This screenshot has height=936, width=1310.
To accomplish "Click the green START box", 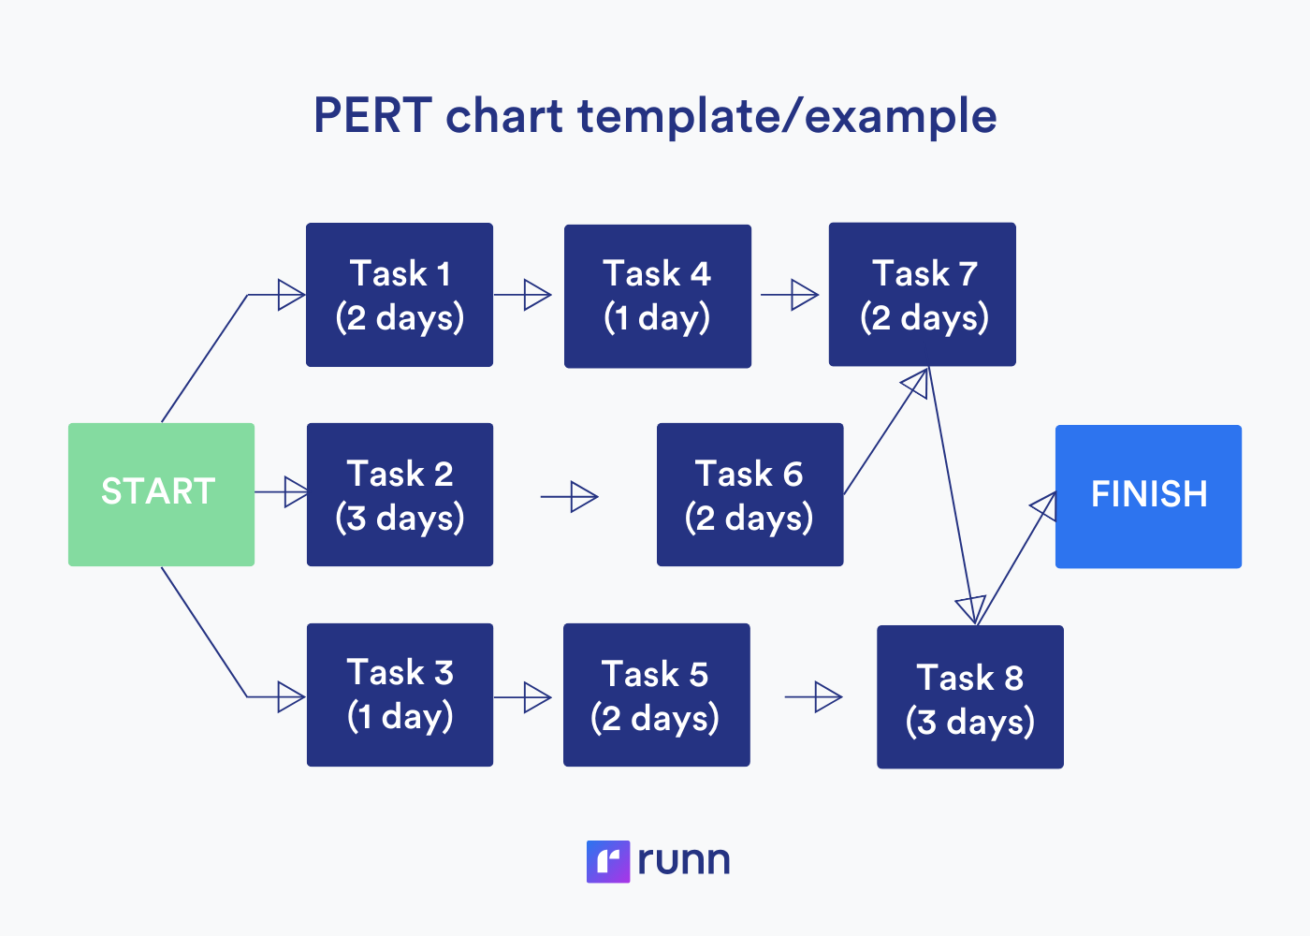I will pos(161,494).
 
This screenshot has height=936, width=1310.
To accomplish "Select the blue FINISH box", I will pos(1148,496).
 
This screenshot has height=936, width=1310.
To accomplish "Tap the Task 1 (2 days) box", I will pos(400,295).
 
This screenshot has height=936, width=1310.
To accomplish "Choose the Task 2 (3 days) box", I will pos(400,494).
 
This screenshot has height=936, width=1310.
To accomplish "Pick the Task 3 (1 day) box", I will pos(400,695).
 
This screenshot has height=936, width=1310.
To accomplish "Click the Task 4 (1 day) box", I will pos(657,296).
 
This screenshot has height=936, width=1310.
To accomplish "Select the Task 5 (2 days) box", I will pos(656,695).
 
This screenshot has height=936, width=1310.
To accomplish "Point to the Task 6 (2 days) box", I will pos(750,494).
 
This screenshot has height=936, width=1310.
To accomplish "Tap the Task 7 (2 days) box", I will pos(922,294).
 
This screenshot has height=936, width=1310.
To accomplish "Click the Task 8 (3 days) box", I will pos(969,697).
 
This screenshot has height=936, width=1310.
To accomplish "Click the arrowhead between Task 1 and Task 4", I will pos(537,295).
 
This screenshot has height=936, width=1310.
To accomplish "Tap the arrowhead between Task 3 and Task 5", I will pos(537,697).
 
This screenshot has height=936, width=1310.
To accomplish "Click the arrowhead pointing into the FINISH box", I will pos(1044,506).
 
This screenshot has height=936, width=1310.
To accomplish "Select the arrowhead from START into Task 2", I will pos(296,491).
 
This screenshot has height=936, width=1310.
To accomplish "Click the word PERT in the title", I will pos(371,116).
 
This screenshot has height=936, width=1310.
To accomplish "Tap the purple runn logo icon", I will pos(607,861).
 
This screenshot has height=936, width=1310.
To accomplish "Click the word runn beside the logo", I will pos(684,861).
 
